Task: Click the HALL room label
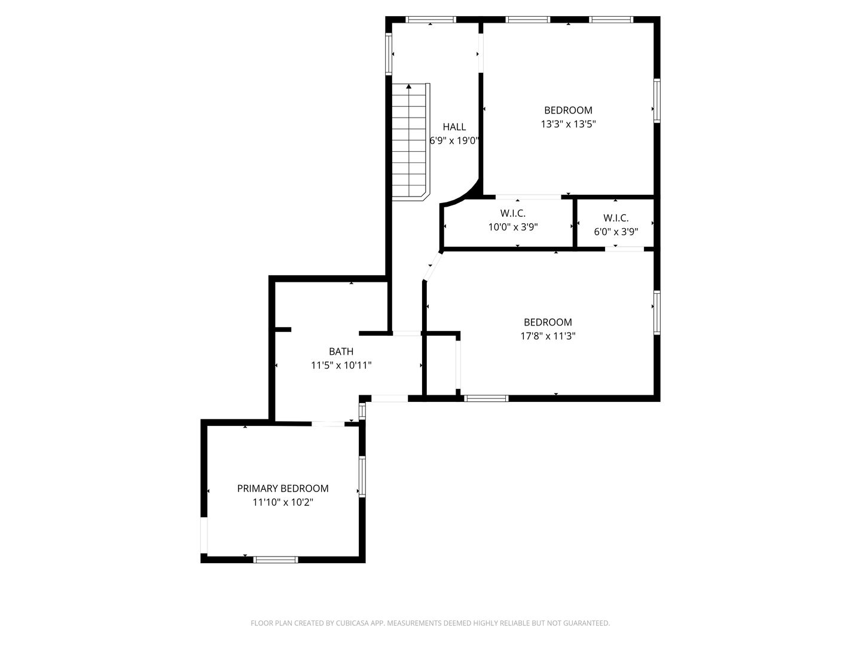454,127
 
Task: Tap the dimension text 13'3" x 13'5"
569,124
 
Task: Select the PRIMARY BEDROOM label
283,489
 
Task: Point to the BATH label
341,351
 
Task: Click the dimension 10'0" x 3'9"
512,227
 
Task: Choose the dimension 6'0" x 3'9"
616,232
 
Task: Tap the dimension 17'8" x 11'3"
548,336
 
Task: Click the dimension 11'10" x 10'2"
283,502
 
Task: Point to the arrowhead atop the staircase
409,86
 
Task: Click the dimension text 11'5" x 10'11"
341,365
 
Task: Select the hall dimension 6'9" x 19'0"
454,140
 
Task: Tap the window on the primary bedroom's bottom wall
276,560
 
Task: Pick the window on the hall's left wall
389,54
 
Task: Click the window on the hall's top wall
430,20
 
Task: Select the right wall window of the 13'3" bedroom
657,101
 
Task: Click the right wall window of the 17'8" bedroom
657,312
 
